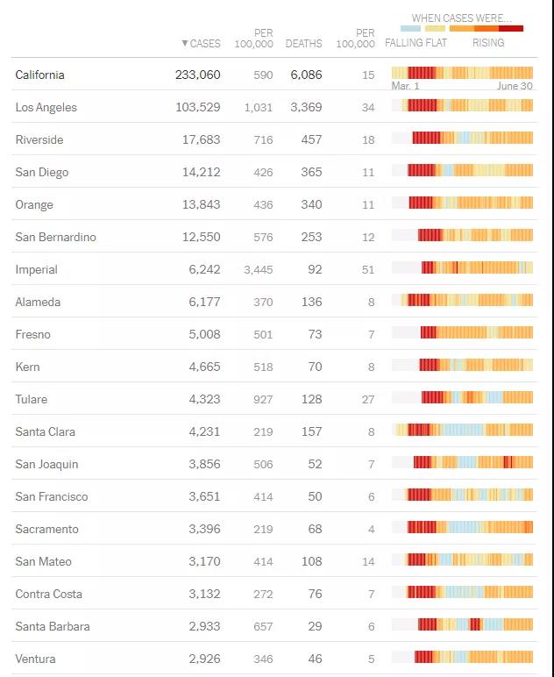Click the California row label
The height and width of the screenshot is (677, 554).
40,75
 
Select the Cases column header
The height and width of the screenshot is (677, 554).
202,44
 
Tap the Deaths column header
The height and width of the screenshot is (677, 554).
303,44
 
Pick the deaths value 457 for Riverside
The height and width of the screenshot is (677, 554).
310,140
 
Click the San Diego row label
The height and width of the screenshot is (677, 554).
41,173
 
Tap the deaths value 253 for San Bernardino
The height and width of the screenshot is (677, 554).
310,238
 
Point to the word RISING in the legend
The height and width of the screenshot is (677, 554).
488,43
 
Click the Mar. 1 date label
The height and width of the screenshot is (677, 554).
405,87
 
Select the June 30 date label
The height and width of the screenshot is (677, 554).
515,87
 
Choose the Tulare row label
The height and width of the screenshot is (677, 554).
32,400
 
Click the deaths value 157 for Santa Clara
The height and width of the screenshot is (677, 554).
310,432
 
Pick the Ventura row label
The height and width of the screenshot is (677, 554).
35,659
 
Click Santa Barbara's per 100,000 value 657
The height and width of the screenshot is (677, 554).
261,627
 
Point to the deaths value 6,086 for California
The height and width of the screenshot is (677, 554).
306,75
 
